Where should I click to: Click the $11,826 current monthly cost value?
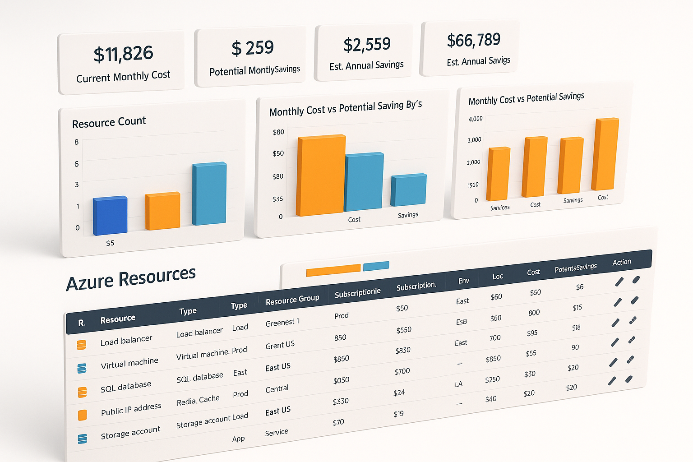coord(123,54)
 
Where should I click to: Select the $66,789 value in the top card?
coord(473,40)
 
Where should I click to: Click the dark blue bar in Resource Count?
coord(110,216)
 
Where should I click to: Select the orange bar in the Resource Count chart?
coord(162,211)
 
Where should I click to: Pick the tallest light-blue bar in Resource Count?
coord(209,194)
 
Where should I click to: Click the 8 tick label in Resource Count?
coord(76,142)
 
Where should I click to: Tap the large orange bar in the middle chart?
coord(321,175)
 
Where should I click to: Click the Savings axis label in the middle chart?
coord(408,215)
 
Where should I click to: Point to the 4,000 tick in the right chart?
coord(476,119)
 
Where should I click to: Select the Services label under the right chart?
coord(500,208)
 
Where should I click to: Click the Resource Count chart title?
coord(109,122)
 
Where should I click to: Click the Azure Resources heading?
coord(131,278)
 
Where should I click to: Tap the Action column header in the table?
coord(621,262)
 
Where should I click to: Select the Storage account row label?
coord(130,433)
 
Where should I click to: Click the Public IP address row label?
coord(131,409)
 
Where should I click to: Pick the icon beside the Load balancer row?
coord(81,345)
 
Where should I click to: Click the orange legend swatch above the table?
coord(333,270)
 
